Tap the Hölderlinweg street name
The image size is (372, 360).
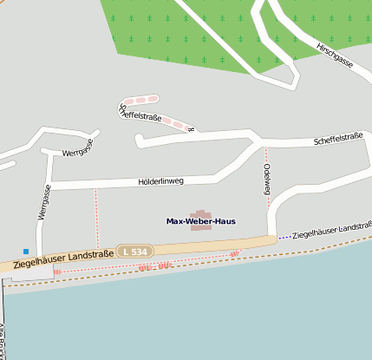pyautogui.click(x=161, y=182)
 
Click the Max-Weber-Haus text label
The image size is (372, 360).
pyautogui.click(x=200, y=221)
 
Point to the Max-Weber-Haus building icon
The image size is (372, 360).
pyautogui.click(x=200, y=213)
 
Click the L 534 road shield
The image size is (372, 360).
pyautogui.click(x=134, y=251)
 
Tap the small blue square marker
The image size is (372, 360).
pyautogui.click(x=26, y=252)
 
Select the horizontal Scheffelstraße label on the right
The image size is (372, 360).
pyautogui.click(x=338, y=137)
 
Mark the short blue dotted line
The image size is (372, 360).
pyautogui.click(x=284, y=236)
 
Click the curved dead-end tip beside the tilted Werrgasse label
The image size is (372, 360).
pyautogui.click(x=95, y=134)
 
